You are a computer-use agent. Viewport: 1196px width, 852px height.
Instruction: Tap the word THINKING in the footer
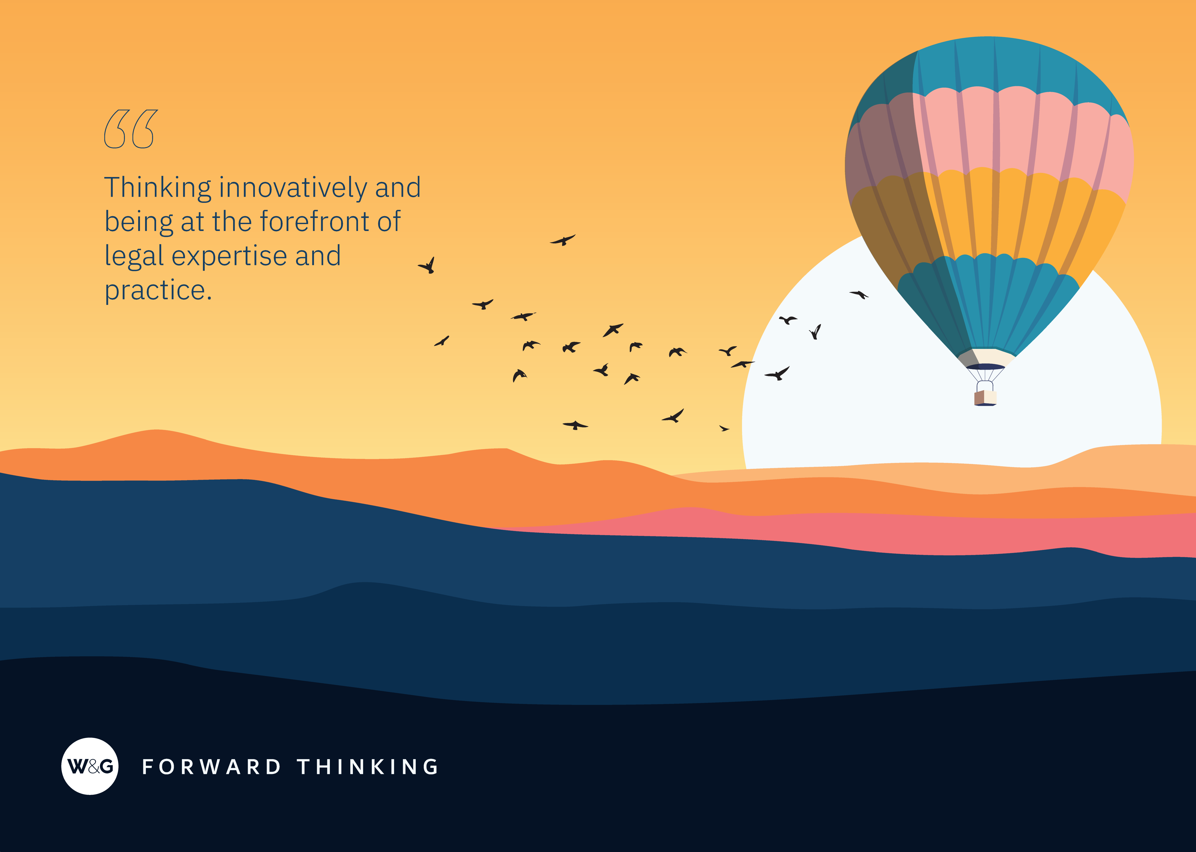(368, 767)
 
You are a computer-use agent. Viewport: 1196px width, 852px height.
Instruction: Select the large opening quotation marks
(131, 129)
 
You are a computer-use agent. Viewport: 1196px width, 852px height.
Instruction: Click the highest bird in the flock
(563, 240)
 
